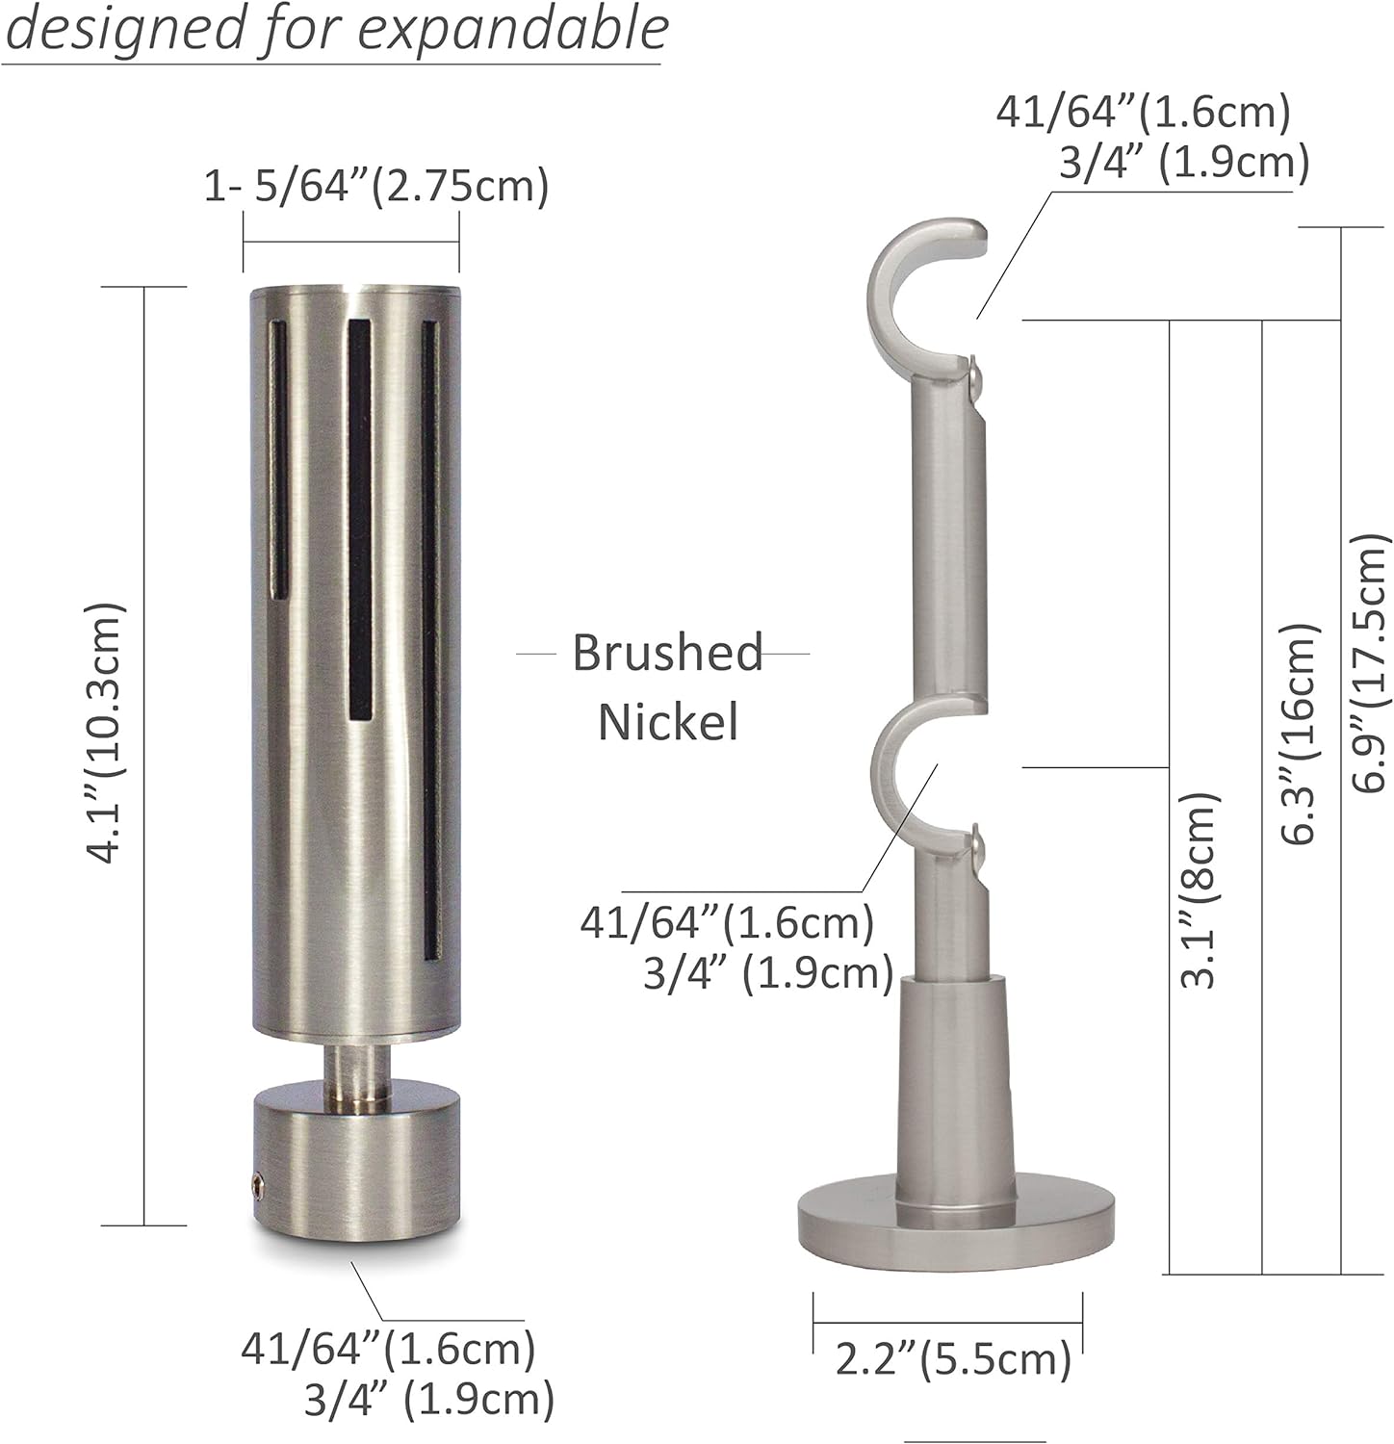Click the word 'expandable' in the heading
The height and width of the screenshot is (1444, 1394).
point(513,31)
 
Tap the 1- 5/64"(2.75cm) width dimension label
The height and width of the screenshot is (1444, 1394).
point(375,185)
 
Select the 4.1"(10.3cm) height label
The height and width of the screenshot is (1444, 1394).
point(105,734)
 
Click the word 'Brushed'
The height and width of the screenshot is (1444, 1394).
point(667,653)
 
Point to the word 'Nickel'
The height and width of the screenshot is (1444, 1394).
point(668,721)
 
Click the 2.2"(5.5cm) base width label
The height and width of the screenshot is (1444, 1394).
point(953,1360)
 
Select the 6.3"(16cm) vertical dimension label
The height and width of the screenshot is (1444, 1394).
point(1297,733)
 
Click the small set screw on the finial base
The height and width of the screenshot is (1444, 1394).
point(258,1183)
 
